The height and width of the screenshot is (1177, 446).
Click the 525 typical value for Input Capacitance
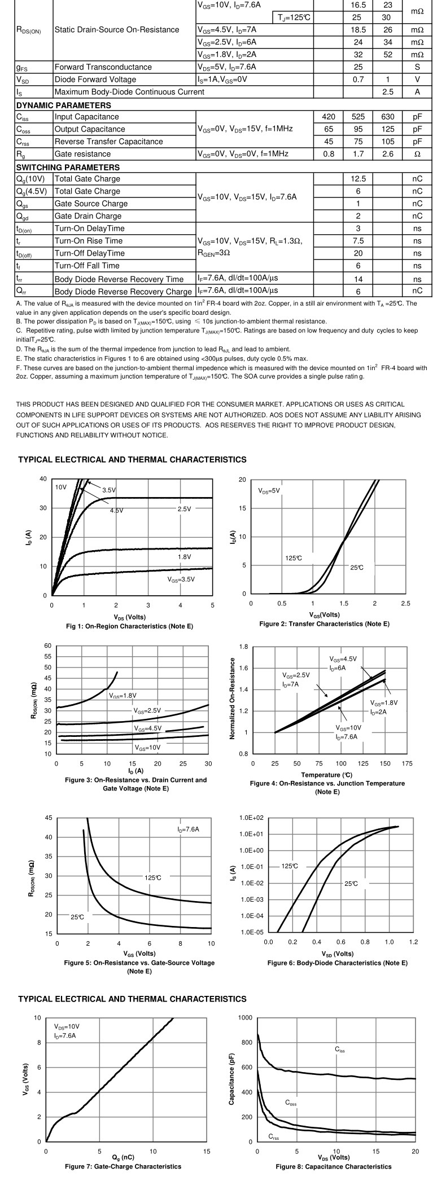click(358, 117)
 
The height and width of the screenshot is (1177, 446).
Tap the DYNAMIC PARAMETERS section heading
click(64, 106)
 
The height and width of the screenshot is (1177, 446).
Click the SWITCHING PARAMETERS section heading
click(68, 168)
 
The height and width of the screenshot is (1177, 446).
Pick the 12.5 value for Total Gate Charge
click(358, 179)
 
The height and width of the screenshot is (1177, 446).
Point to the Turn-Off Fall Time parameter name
click(87, 266)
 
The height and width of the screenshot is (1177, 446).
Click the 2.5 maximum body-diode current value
click(387, 92)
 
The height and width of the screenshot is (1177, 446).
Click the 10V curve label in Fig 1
click(60, 486)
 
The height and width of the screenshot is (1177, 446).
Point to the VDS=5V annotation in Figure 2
click(269, 490)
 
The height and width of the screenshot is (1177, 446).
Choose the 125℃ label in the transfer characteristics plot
click(294, 558)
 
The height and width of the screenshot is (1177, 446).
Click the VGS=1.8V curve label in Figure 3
click(123, 696)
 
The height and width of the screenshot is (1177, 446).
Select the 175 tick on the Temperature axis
click(407, 764)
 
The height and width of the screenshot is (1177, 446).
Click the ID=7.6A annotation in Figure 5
click(188, 829)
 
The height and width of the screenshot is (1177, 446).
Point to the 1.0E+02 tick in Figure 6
click(252, 818)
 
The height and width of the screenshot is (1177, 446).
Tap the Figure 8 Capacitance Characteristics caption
click(333, 1166)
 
